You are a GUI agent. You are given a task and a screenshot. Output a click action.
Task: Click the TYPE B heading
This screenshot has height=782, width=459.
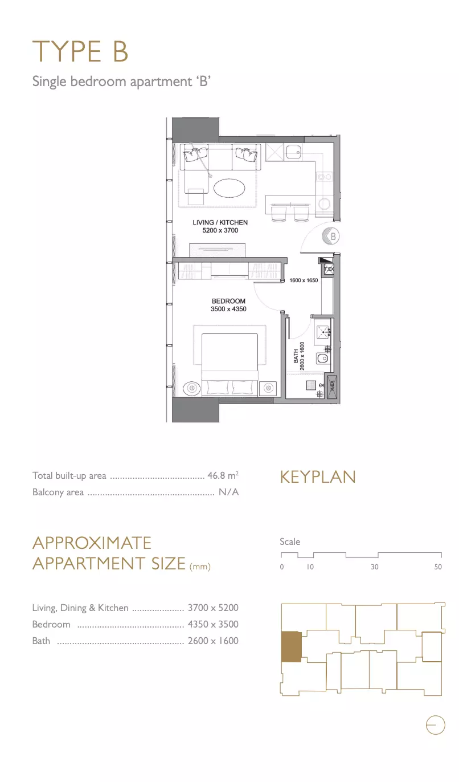[x=80, y=51]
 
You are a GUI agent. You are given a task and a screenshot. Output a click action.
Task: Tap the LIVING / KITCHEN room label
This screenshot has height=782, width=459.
[x=220, y=222]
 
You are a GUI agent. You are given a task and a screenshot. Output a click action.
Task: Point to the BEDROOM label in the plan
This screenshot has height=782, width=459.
[x=228, y=301]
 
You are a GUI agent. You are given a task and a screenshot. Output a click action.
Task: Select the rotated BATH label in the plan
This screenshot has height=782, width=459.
[x=296, y=356]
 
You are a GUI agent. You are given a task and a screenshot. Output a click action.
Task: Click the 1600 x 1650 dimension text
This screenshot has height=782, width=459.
[x=304, y=280]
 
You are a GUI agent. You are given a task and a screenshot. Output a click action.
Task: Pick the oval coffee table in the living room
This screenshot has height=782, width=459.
[x=229, y=189]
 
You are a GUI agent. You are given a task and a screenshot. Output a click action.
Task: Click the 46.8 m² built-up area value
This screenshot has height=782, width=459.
[x=223, y=475]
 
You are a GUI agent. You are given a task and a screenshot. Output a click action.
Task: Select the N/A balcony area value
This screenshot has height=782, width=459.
[x=229, y=492]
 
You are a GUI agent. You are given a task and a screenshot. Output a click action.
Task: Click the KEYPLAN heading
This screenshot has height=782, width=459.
[x=318, y=477]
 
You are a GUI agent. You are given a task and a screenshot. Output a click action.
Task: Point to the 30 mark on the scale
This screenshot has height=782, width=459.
[x=375, y=567]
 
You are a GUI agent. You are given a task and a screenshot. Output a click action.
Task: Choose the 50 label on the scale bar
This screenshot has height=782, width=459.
[x=438, y=567]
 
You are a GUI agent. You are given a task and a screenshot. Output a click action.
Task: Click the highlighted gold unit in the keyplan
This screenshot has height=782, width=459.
[x=291, y=646]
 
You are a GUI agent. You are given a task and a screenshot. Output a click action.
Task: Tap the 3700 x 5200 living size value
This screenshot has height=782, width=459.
[x=213, y=608]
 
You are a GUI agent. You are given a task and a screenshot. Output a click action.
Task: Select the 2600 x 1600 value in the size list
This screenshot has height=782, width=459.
[x=213, y=641]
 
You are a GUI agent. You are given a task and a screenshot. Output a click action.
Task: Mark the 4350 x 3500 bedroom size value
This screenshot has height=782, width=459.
[x=213, y=624]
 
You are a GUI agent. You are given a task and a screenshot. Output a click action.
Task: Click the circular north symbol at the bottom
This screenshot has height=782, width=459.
[x=436, y=725]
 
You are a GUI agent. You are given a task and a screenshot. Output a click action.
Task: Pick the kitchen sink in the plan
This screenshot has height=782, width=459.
[x=293, y=152]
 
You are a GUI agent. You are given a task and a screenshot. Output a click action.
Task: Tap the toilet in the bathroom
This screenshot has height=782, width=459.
[x=322, y=358]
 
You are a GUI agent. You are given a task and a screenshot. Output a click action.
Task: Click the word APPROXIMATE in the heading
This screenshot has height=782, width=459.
[x=92, y=543]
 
